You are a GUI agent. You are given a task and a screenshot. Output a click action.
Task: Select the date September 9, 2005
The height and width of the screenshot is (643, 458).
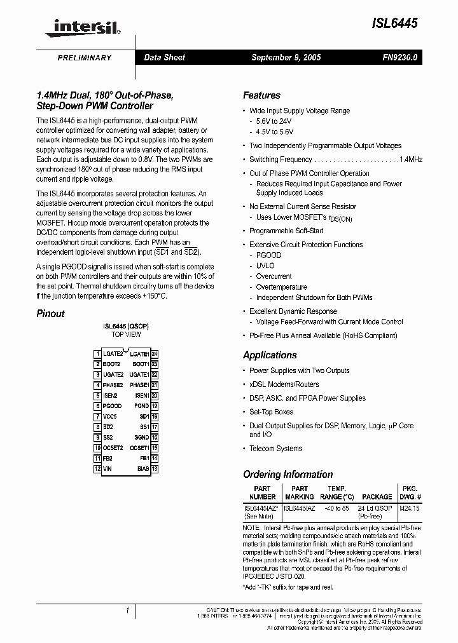point(286,57)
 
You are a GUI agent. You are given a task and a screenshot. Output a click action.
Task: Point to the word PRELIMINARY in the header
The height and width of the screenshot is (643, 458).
point(85,58)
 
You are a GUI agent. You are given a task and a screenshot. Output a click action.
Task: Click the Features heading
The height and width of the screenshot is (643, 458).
point(261,95)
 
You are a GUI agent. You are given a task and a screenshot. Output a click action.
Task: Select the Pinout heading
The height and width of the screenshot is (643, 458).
point(50,313)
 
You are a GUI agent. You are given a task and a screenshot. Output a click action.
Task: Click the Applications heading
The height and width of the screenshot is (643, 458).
point(270,355)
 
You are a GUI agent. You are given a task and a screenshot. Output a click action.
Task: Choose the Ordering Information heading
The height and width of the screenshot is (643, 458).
point(288,474)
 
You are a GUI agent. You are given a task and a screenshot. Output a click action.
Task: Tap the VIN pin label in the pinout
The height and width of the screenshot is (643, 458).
point(108,469)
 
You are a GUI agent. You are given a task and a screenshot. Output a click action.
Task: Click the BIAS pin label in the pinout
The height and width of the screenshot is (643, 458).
point(142,469)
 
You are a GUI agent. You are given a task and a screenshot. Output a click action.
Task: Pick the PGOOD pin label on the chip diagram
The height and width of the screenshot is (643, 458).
point(112,406)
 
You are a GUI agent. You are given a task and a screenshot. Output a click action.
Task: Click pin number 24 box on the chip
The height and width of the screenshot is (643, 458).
point(155,354)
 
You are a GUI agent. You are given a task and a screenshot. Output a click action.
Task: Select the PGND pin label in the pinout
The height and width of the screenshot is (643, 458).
point(141,406)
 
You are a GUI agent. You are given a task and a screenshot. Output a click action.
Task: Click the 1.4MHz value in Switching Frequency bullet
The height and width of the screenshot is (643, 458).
point(411,159)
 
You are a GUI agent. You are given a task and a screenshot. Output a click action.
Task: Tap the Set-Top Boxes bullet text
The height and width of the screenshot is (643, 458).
point(271,412)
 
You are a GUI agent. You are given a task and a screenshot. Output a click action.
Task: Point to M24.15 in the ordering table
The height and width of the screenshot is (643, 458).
point(410,508)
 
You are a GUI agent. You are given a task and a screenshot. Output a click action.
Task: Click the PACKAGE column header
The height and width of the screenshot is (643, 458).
point(377,497)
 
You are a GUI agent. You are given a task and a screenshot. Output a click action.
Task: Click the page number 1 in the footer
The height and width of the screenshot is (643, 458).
point(127,611)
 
